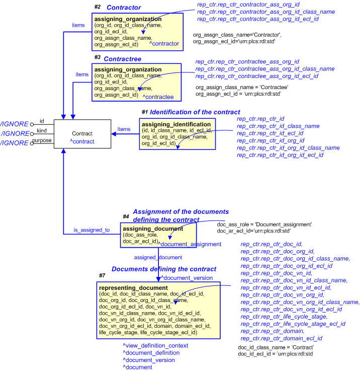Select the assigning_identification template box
point(177,134)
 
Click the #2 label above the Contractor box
point(98,7)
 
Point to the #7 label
point(102,275)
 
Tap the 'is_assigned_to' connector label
point(92,230)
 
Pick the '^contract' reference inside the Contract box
point(82,142)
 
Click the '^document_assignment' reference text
point(190,244)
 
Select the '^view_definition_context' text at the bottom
point(155,346)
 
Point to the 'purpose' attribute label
point(42,140)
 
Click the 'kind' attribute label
point(42,131)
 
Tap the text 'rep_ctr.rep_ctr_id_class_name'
point(278,126)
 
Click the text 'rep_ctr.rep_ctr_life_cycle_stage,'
point(284,317)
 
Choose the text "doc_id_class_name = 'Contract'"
point(276,347)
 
